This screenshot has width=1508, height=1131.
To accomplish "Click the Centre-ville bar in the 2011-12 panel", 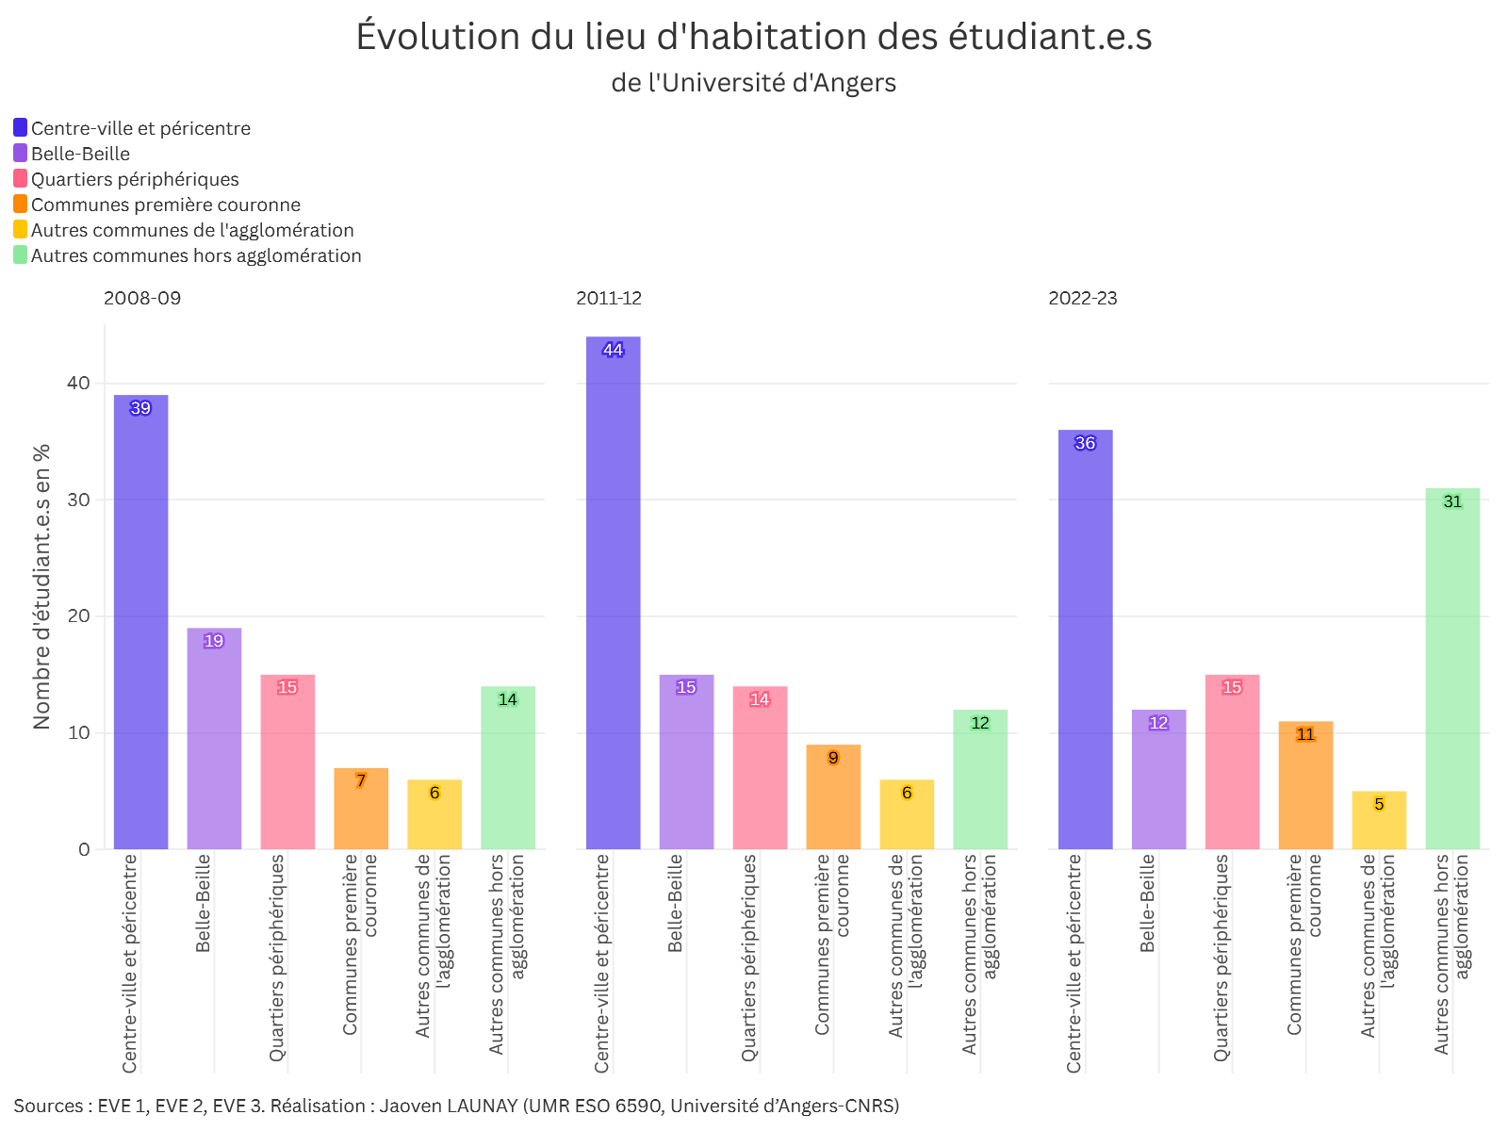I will pyautogui.click(x=613, y=594).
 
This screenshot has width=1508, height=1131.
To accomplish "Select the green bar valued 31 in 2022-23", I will pyautogui.click(x=1452, y=669).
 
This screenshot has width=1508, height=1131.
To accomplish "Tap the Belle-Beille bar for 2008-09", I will pyautogui.click(x=214, y=739).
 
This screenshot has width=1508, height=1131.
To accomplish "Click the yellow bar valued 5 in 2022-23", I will pyautogui.click(x=1379, y=820).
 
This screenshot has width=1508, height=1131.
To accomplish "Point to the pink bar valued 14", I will pyautogui.click(x=760, y=768).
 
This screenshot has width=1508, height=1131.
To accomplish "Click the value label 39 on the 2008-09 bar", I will pyautogui.click(x=140, y=408).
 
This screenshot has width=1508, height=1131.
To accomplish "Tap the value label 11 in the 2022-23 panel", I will pyautogui.click(x=1305, y=734).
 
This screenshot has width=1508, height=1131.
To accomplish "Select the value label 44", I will pyautogui.click(x=613, y=350).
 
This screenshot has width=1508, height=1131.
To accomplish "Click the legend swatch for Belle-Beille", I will pyautogui.click(x=21, y=153).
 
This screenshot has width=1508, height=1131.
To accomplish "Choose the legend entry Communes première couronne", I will pyautogui.click(x=166, y=205).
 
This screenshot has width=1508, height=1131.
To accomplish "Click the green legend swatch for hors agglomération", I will pyautogui.click(x=21, y=254).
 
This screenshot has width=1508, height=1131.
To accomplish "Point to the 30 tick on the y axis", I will pyautogui.click(x=79, y=500).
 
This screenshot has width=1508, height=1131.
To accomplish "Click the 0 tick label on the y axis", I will pyautogui.click(x=85, y=849).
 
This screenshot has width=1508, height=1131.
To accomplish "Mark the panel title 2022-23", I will pyautogui.click(x=1083, y=298).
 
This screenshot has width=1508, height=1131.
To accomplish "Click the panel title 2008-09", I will pyautogui.click(x=142, y=298).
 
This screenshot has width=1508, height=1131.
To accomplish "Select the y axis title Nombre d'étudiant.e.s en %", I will pyautogui.click(x=41, y=586).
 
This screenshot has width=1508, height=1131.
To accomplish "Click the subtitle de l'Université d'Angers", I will pyautogui.click(x=754, y=83).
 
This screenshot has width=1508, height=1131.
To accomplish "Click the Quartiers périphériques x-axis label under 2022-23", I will pyautogui.click(x=1221, y=958).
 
